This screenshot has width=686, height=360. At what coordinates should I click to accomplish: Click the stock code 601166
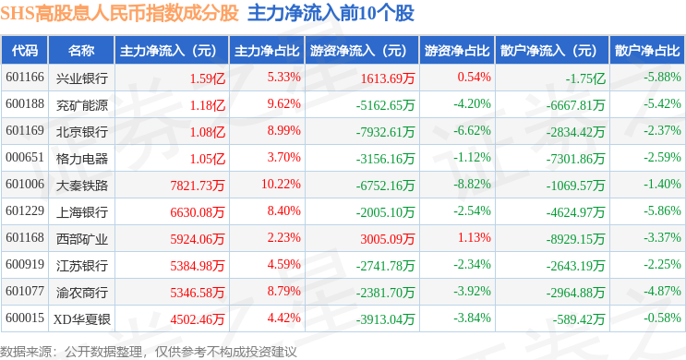(x=25, y=78)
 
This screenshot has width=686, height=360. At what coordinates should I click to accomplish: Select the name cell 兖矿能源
(x=82, y=105)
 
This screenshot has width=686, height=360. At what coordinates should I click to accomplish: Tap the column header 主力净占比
(x=267, y=51)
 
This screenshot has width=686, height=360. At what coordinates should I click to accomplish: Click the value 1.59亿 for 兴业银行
(x=208, y=78)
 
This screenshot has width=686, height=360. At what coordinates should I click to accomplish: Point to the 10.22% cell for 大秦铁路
(x=281, y=185)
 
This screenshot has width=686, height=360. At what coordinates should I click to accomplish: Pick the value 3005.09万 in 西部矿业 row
(x=387, y=238)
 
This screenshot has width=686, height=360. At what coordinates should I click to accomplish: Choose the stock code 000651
(x=25, y=158)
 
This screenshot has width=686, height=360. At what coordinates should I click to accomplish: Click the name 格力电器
(x=82, y=159)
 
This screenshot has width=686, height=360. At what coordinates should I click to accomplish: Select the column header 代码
(x=25, y=51)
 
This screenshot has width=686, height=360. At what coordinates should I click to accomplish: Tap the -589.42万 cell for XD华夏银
(x=578, y=318)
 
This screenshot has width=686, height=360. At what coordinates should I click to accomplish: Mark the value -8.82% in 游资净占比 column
(x=472, y=185)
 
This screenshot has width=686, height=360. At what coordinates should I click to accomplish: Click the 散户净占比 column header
(x=647, y=51)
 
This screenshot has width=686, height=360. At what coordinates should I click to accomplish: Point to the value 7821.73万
(x=198, y=185)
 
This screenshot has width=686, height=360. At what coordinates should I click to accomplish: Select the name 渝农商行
(x=82, y=293)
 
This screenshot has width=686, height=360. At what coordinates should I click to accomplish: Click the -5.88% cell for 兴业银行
(x=662, y=77)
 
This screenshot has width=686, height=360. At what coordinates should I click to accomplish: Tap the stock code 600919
(x=25, y=265)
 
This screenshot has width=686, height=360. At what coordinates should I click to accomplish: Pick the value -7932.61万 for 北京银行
(x=385, y=132)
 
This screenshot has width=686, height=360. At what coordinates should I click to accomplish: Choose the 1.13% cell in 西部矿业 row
(x=475, y=237)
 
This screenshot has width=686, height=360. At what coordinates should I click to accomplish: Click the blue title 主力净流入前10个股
(x=331, y=13)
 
